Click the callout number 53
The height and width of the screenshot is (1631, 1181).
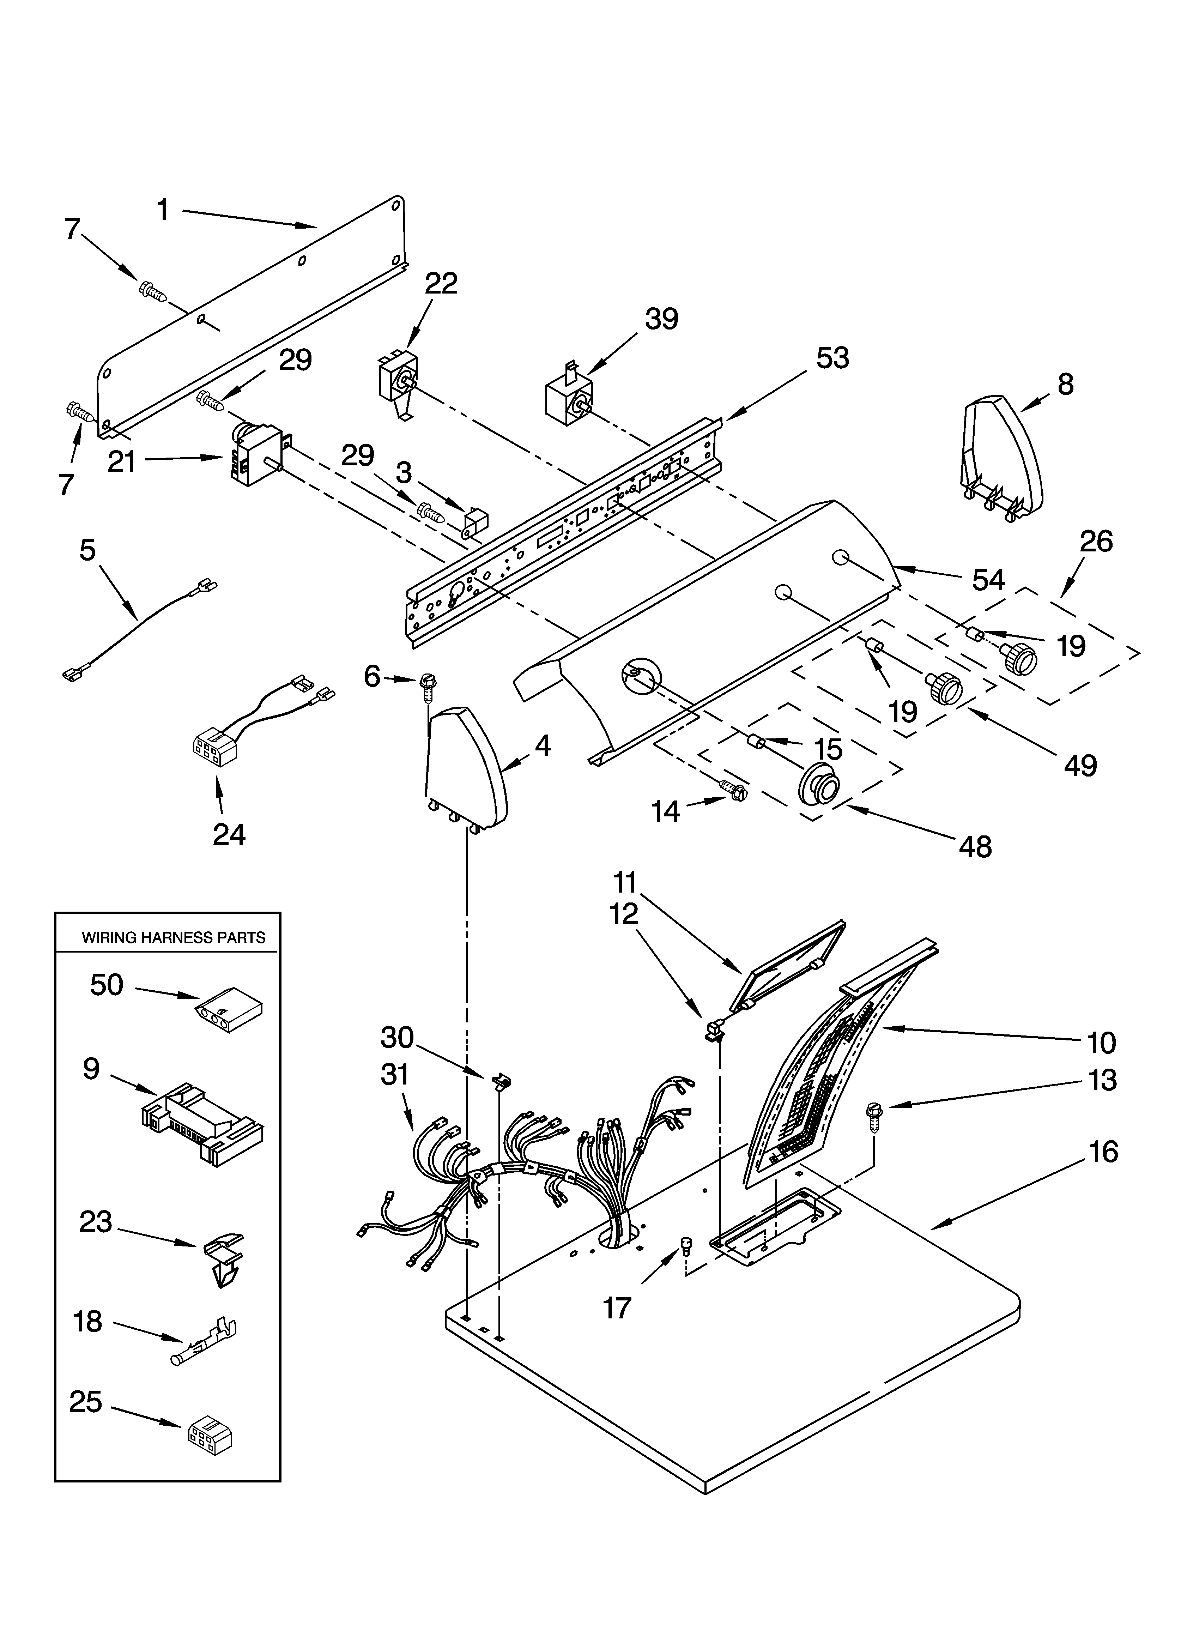(832, 357)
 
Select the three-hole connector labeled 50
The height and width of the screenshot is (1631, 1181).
(228, 1017)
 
